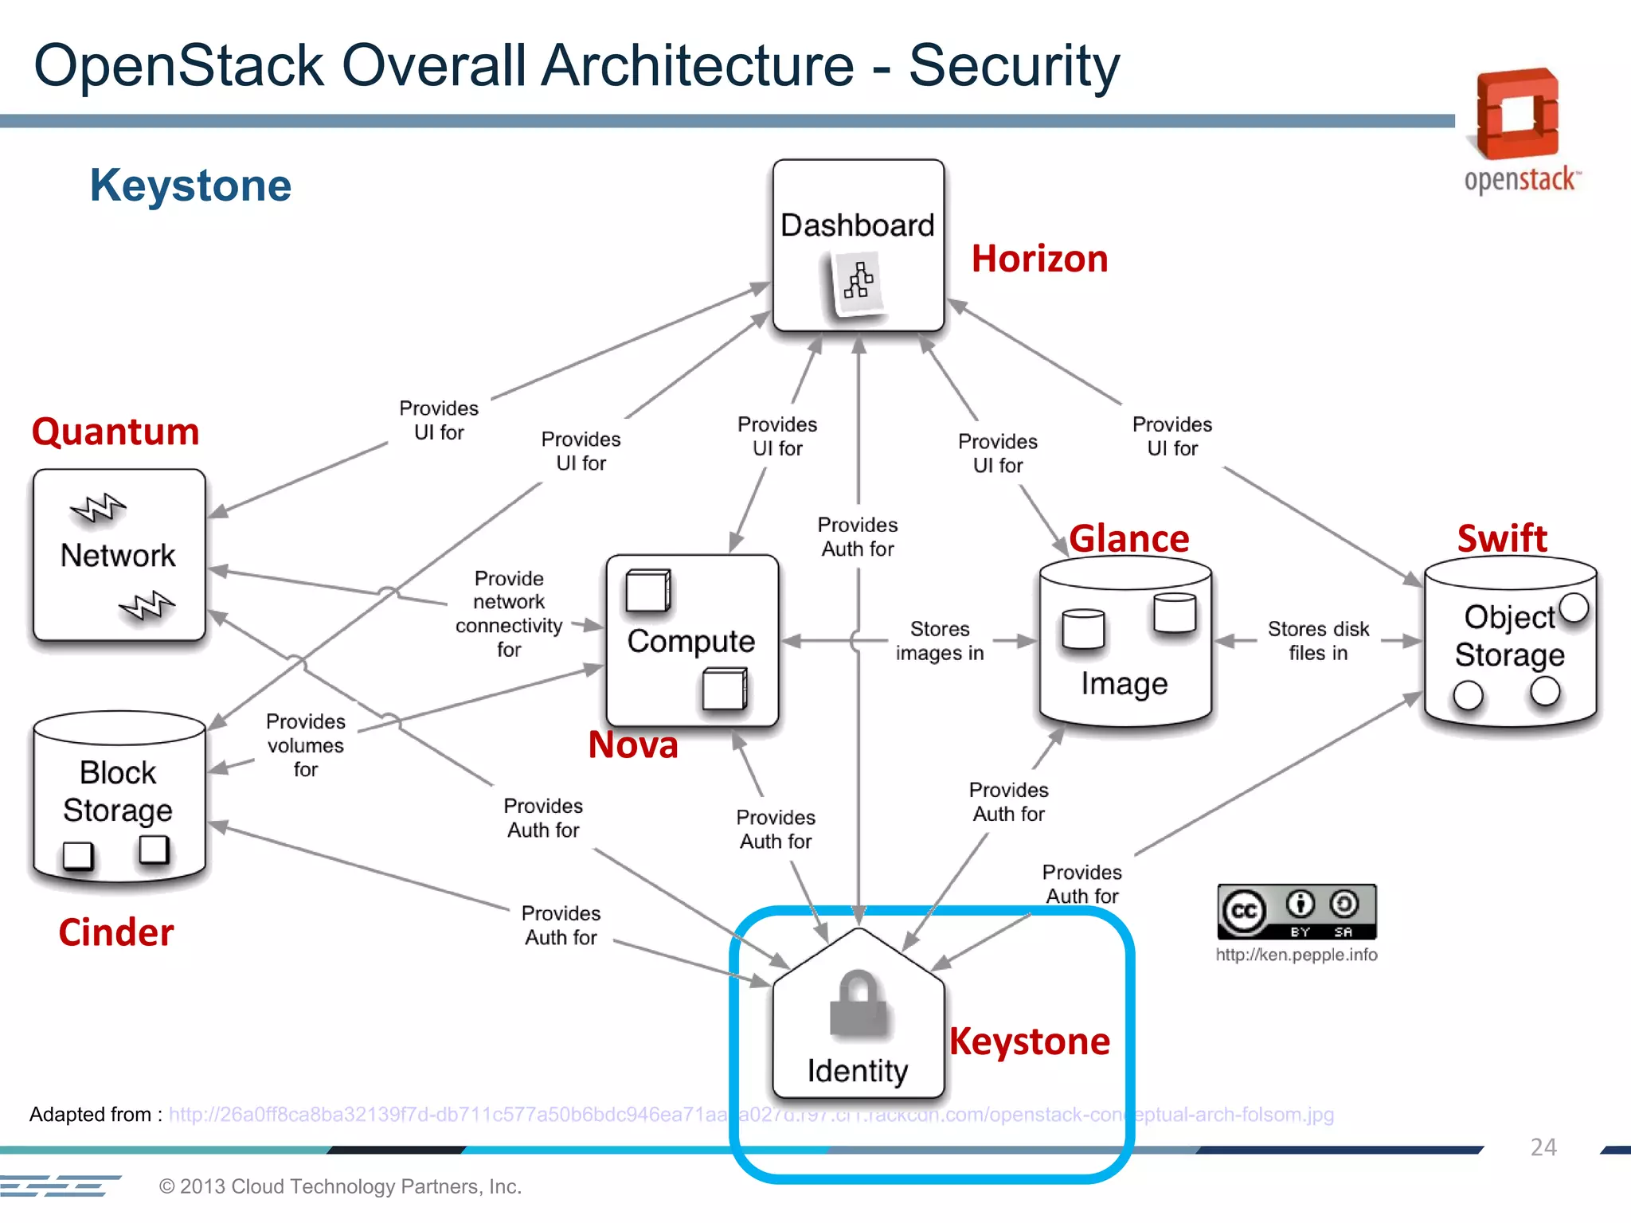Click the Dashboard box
858,245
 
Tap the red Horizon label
1039,260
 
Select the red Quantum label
115,432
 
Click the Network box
119,555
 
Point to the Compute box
691,640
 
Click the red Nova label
633,745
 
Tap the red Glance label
1128,539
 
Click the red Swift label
1502,539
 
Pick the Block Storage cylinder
119,796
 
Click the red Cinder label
116,932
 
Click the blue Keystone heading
190,186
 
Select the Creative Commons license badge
1297,912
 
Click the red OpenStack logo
1518,115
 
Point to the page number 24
1543,1147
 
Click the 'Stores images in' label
940,641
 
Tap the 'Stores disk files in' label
1318,641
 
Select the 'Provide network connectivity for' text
509,613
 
